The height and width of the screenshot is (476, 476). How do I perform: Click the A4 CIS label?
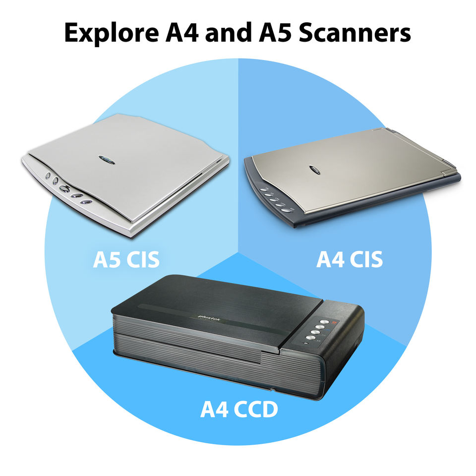[350, 259]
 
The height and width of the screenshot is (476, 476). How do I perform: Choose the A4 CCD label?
[239, 410]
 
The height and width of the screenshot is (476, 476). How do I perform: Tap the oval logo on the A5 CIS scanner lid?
[107, 159]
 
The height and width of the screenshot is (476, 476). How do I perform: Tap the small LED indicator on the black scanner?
[306, 344]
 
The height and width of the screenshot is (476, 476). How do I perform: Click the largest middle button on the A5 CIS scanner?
[64, 189]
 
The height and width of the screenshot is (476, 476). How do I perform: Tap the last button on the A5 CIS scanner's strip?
[87, 203]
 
